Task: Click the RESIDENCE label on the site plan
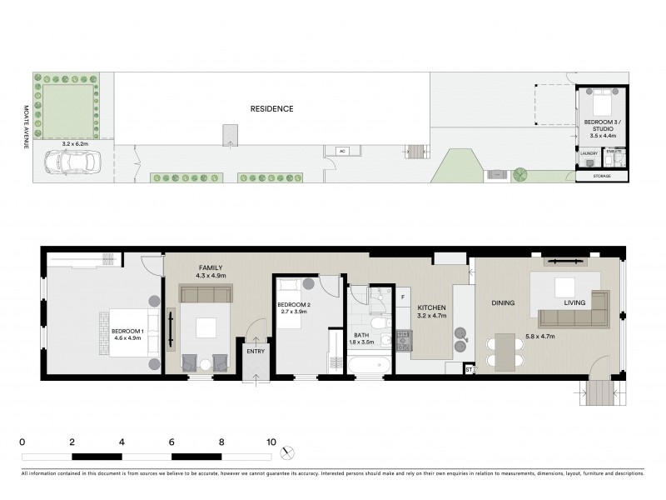(x=271, y=108)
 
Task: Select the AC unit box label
(x=341, y=151)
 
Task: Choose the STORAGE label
(x=601, y=177)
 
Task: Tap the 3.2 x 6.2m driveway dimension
(x=73, y=144)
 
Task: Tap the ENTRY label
(x=254, y=352)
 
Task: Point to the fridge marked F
(x=402, y=296)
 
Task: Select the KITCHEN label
(x=431, y=308)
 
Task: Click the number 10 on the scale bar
(x=271, y=442)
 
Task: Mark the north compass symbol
(x=288, y=452)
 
